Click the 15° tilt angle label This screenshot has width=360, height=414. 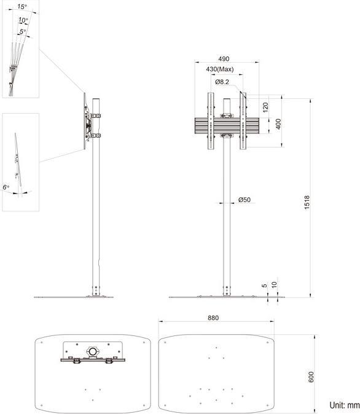(x=22, y=7)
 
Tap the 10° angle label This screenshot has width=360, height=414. (x=23, y=20)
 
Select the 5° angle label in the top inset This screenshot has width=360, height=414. (x=22, y=31)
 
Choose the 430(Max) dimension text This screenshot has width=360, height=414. (x=224, y=69)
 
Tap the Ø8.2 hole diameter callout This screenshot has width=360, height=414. (x=222, y=82)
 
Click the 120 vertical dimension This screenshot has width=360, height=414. (x=265, y=106)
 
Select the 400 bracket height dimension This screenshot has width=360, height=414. (x=278, y=122)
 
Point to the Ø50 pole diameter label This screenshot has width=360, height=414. (x=244, y=200)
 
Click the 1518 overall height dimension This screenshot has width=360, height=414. (x=307, y=203)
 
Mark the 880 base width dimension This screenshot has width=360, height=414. (x=213, y=318)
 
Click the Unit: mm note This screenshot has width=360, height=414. (x=344, y=405)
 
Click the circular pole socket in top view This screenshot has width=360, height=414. (x=93, y=351)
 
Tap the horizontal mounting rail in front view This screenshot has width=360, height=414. (x=225, y=126)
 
